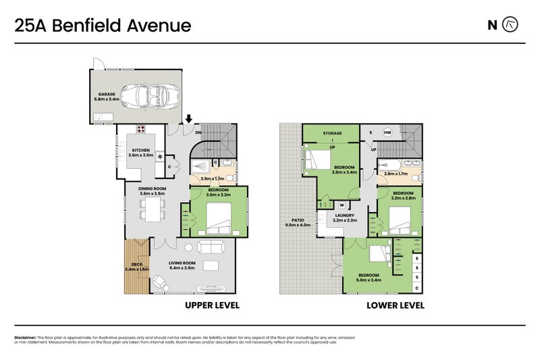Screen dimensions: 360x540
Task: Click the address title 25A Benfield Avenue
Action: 103,26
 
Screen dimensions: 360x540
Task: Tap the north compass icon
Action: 512,26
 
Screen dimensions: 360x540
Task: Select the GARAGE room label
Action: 106,95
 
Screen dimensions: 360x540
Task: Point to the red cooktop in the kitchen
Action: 142,130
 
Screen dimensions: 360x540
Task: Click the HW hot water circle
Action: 388,132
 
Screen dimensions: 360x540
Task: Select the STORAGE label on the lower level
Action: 331,133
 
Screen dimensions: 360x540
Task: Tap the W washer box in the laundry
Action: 342,205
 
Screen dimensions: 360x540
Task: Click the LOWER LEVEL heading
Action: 395,306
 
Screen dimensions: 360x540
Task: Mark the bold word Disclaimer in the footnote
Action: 25,337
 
